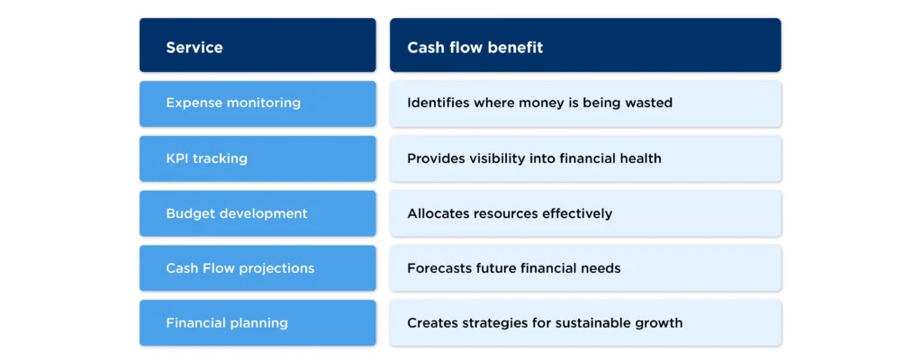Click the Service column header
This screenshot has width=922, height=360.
pyautogui.click(x=257, y=46)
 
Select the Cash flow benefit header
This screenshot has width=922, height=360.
pyautogui.click(x=584, y=46)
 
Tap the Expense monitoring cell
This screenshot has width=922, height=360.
pyautogui.click(x=257, y=103)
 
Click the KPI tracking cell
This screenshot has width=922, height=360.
pyautogui.click(x=257, y=158)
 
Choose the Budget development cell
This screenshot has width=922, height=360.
pyautogui.click(x=257, y=213)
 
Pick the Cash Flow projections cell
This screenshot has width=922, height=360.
pyautogui.click(x=257, y=268)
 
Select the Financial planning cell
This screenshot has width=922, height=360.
pyautogui.click(x=257, y=323)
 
